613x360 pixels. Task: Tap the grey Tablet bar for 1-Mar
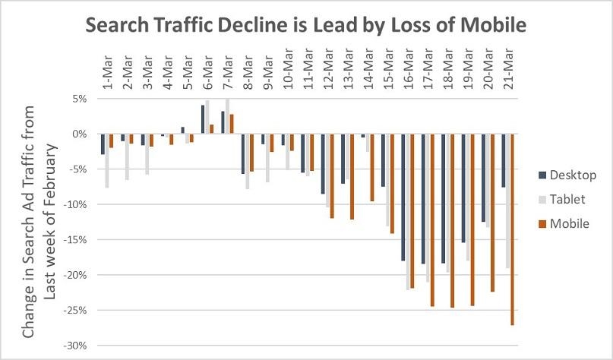[x=107, y=161]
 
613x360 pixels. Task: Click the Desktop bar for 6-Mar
[x=202, y=120]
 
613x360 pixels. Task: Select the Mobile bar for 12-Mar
[x=332, y=176]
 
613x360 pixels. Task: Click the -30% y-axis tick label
[x=76, y=346]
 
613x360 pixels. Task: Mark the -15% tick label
[x=76, y=240]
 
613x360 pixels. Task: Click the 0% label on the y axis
[x=81, y=134]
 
